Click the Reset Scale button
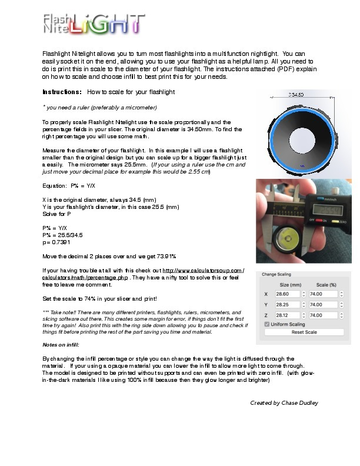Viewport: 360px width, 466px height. [x=304, y=332]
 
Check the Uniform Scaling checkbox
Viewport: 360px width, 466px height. [x=268, y=324]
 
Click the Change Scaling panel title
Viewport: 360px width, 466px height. [x=276, y=275]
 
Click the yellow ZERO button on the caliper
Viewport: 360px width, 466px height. [x=335, y=221]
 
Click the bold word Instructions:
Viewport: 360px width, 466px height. [x=62, y=92]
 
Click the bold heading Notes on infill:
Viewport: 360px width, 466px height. [x=61, y=345]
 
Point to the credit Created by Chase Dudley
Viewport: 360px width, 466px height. [x=284, y=403]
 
